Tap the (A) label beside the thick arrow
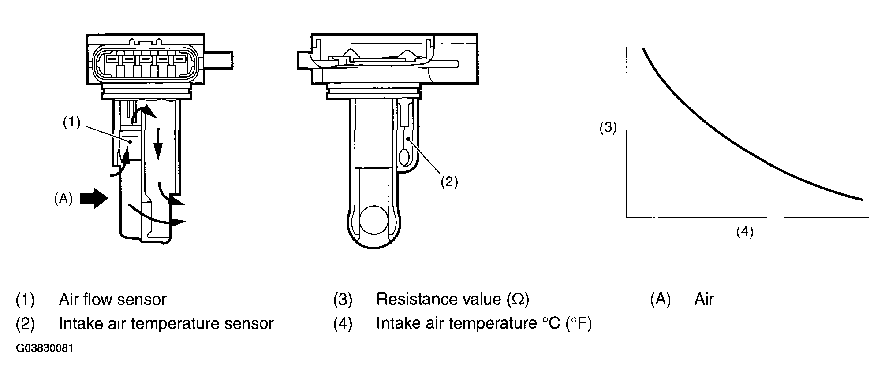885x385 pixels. pos(63,199)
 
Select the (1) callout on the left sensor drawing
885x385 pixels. pos(71,122)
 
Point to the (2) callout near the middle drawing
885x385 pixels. pos(449,181)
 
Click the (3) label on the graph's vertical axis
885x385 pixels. pos(608,128)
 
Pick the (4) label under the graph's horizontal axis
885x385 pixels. pos(745,231)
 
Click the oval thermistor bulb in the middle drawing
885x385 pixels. pos(404,156)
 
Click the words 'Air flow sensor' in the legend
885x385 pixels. pos(112,300)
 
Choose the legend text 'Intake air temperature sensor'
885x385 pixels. pos(166,324)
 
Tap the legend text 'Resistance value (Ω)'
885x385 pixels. pos(452,300)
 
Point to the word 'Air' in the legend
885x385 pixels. pos(704,300)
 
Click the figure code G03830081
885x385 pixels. pos(45,348)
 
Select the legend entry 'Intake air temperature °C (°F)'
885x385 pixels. pos(484,324)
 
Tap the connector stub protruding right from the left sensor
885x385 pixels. pos(219,60)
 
